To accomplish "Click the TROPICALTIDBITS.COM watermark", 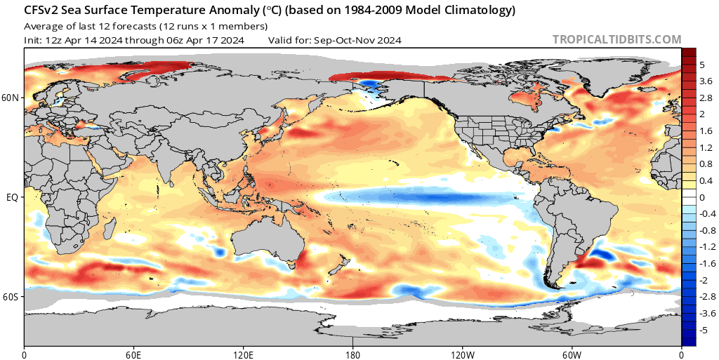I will click(x=617, y=40).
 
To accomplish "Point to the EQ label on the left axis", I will click(x=13, y=197).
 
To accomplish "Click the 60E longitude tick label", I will click(x=133, y=352).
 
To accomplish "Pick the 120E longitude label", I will click(x=243, y=352).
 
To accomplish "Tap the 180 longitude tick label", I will click(x=352, y=352).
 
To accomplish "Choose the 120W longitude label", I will click(x=462, y=352).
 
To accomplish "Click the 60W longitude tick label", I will click(x=572, y=352).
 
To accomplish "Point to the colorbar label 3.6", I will click(x=706, y=81).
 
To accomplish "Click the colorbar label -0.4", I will click(x=708, y=214).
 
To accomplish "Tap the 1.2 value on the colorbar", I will click(x=706, y=147).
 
